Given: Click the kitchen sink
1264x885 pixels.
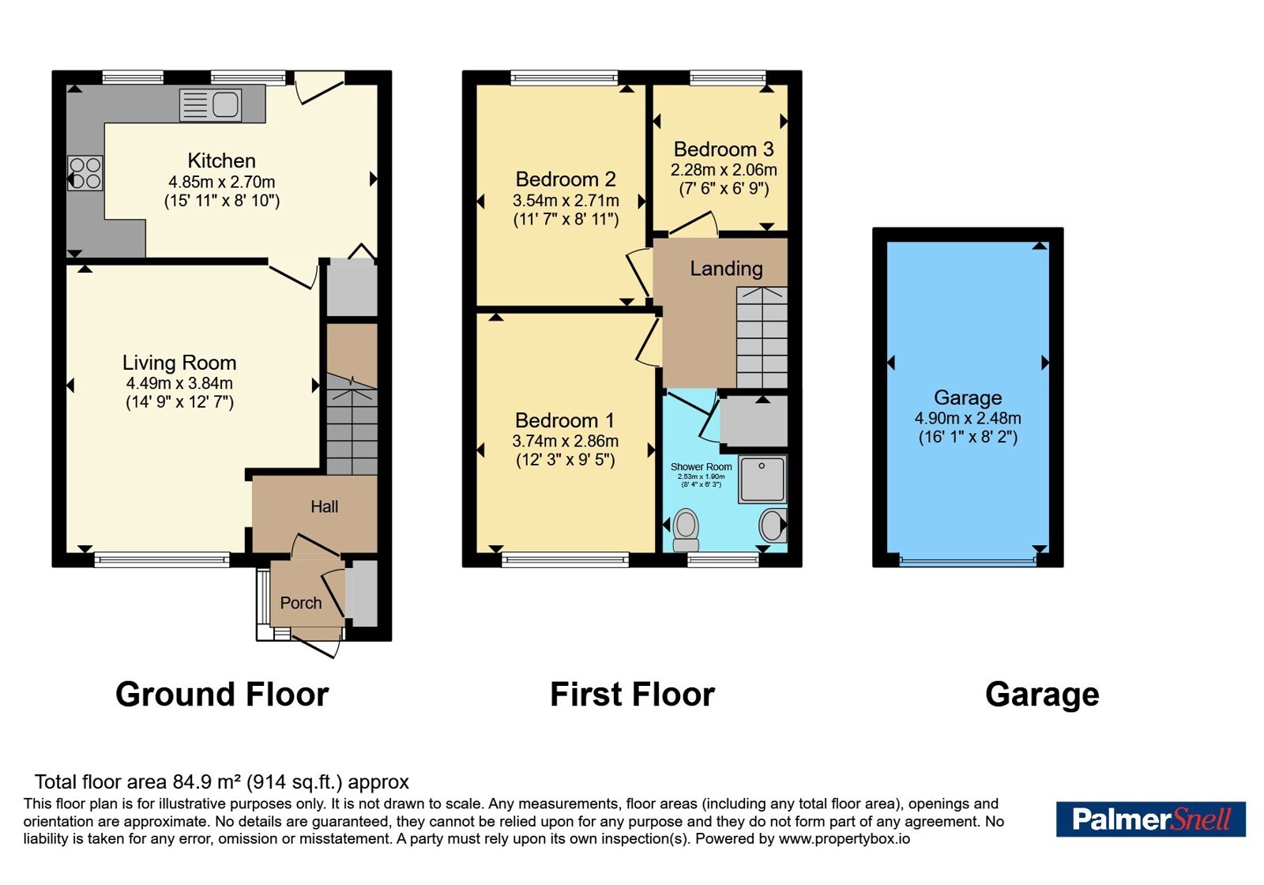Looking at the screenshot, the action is (x=210, y=105).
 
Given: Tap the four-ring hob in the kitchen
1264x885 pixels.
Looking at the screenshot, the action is (x=85, y=173).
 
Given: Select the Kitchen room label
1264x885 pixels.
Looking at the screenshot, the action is (x=221, y=161).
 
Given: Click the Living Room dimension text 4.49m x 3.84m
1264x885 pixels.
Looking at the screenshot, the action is (x=179, y=383).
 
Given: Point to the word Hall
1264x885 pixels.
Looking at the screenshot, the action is (x=325, y=507).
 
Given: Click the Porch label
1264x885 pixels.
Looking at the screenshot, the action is (x=301, y=603).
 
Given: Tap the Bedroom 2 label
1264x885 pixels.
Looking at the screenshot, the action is (x=566, y=179).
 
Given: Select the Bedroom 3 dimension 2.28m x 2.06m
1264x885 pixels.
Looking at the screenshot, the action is (x=724, y=170).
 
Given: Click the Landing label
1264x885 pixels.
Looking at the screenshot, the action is (x=726, y=269).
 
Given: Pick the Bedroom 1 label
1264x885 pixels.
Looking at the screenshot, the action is (x=564, y=420).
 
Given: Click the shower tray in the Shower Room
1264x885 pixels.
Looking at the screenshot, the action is (x=762, y=479).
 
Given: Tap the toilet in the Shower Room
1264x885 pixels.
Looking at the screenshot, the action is (x=686, y=529).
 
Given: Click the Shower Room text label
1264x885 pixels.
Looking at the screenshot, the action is (x=701, y=467).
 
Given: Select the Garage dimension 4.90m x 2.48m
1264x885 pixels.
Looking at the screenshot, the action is (x=968, y=418).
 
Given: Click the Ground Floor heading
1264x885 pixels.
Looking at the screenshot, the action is (x=222, y=695).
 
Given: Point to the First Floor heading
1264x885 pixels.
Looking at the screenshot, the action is (x=632, y=695).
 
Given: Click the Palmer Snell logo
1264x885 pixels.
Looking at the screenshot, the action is (x=1150, y=819).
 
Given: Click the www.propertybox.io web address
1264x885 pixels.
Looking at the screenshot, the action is (x=845, y=838).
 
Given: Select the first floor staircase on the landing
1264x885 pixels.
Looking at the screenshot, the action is (x=762, y=337).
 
